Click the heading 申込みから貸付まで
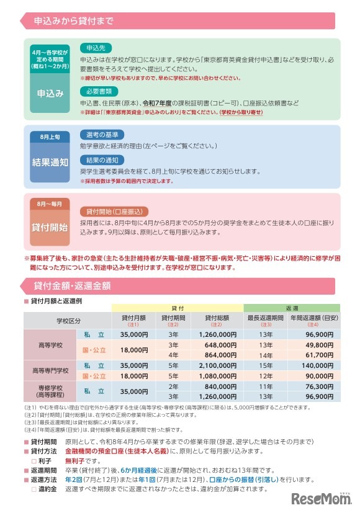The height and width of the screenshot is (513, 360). (75, 22)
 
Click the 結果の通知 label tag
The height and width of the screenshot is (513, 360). (102, 160)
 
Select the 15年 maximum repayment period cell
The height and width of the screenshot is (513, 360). (266, 367)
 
